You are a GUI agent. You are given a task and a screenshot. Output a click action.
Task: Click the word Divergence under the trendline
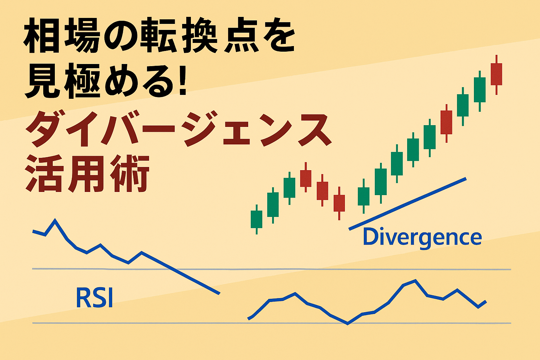pyautogui.click(x=422, y=238)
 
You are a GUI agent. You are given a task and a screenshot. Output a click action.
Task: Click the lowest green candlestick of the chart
pyautogui.click(x=257, y=219)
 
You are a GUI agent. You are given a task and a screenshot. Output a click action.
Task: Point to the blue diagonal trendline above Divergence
pyautogui.click(x=407, y=204)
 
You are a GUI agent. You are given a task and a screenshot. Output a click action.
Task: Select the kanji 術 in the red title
pyautogui.click(x=130, y=173)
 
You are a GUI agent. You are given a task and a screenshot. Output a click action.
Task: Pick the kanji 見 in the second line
pyautogui.click(x=43, y=81)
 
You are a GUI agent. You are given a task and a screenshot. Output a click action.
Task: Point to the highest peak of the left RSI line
pyautogui.click(x=55, y=219)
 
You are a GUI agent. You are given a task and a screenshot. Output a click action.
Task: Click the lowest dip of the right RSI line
pyautogui.click(x=347, y=323)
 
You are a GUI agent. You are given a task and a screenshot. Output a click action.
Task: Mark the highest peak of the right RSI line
pyautogui.click(x=415, y=281)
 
